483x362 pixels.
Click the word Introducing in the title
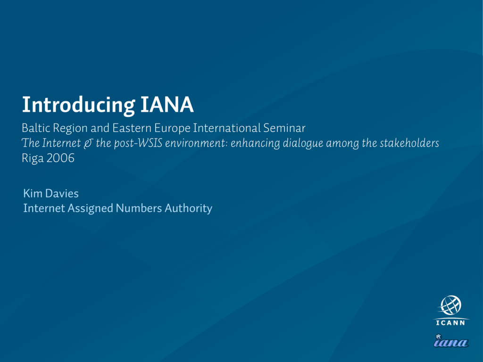(79, 106)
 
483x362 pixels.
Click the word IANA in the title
(167, 105)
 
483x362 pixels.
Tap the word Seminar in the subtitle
(284, 128)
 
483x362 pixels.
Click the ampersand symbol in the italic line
(88, 143)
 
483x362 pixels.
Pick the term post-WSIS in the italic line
(138, 143)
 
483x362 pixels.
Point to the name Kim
(33, 193)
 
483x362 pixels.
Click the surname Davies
(62, 193)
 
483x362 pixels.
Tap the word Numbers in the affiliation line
(139, 208)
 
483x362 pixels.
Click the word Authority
(189, 208)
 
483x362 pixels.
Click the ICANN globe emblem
(450, 305)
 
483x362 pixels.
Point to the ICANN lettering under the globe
(450, 322)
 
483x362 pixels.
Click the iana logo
(451, 341)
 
